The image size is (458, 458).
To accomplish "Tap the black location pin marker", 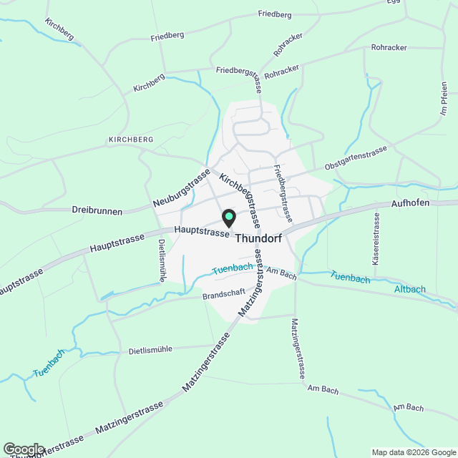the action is [228, 216].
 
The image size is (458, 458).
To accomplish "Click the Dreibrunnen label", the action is [97, 212].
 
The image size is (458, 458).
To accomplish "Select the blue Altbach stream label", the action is [410, 290].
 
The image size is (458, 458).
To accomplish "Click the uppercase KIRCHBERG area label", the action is [131, 139].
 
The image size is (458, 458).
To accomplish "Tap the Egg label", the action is [394, 3].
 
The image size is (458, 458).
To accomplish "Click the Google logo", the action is [23, 448].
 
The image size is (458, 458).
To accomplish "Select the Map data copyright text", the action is [413, 452].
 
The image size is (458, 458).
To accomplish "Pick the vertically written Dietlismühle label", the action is [161, 260].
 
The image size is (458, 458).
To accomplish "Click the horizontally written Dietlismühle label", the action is [161, 350].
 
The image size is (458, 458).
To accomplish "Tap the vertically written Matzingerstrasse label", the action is [298, 350].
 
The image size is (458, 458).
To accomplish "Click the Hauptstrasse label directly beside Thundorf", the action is [202, 232].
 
